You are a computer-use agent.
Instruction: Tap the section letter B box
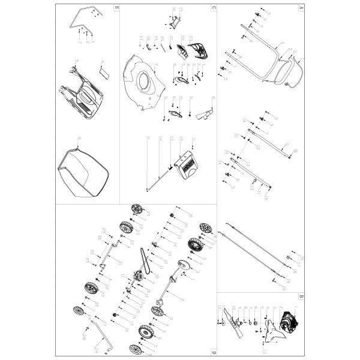click(x=301, y=296)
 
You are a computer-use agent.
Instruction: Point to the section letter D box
click(x=213, y=351)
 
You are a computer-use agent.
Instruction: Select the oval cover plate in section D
click(x=183, y=266)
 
